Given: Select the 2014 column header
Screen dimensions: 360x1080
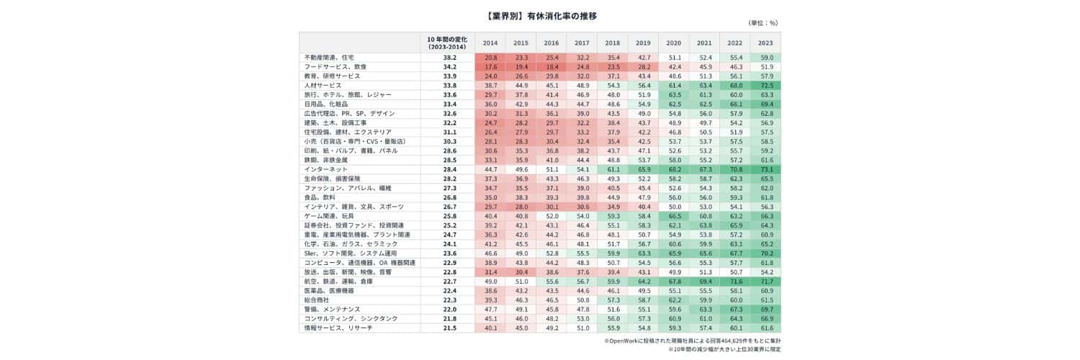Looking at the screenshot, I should pos(490,42).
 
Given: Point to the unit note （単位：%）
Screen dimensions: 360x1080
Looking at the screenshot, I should pos(764,23).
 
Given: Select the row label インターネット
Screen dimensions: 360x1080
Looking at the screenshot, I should pos(326,169).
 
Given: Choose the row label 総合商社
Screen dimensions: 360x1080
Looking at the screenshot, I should pos(317,300).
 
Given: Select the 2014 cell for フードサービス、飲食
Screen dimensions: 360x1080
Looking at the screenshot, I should pos(490,66).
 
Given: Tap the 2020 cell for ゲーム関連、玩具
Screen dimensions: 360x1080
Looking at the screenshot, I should pos(674,216).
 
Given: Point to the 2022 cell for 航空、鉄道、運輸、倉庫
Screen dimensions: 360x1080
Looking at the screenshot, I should pos(735,282).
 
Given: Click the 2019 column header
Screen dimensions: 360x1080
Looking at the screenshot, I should pos(643,42).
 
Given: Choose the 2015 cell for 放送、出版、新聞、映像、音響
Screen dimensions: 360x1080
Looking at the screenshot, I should pos(521,272).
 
